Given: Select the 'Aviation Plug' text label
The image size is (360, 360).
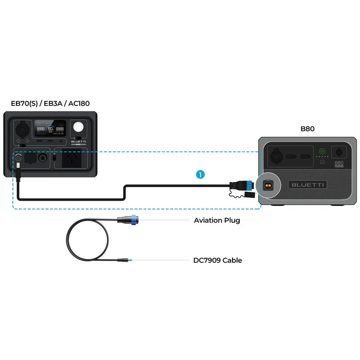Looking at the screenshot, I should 217,220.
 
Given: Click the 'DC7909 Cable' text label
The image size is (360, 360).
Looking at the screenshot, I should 218,260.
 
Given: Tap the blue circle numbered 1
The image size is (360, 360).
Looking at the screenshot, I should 200,175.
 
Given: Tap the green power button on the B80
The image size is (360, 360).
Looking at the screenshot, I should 322,151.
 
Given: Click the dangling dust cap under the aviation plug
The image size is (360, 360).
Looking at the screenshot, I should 247,195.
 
